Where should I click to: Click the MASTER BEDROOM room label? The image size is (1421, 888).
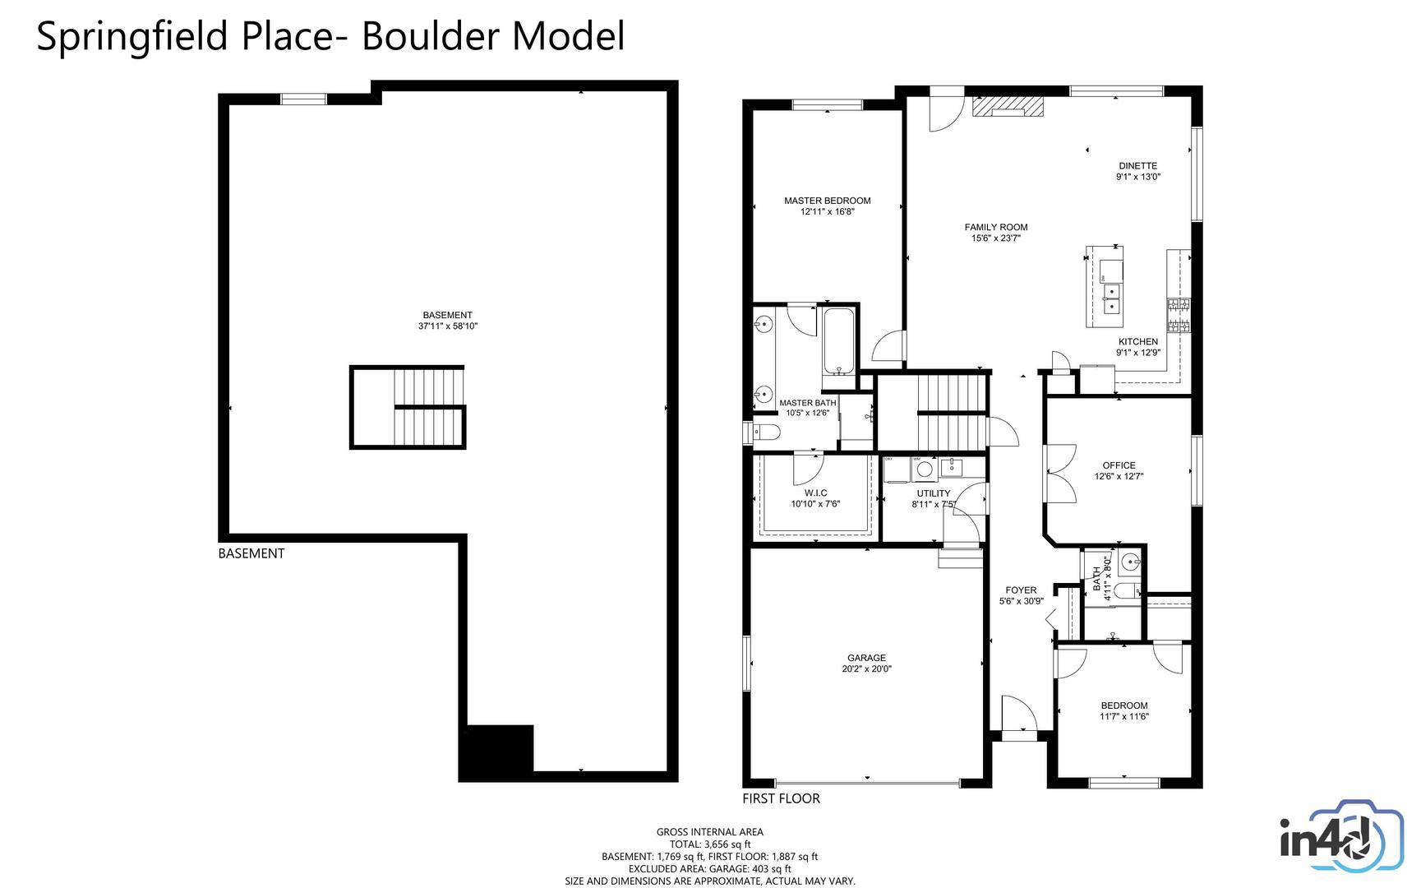pos(827,201)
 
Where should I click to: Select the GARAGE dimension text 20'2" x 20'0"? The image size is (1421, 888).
pos(866,669)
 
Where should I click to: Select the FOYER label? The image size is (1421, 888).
pos(1021,590)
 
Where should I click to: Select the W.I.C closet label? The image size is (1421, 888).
pos(815,493)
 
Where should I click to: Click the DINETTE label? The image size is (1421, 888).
pos(1137,165)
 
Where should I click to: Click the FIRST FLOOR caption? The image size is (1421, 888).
pos(781,798)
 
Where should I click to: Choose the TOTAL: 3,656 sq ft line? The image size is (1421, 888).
pos(709,844)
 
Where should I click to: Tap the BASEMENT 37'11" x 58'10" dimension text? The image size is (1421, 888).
pos(448,326)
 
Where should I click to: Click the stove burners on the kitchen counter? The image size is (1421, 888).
pos(1179,316)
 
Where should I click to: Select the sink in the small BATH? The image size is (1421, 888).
pos(1131,562)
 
